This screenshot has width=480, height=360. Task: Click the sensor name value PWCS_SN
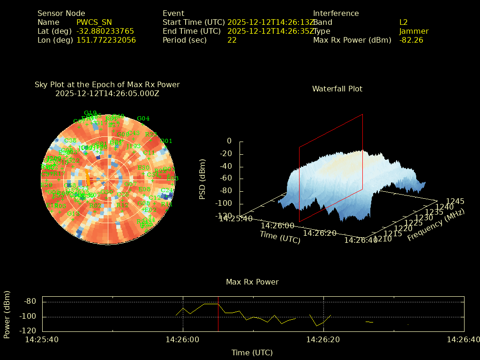pyautogui.click(x=94, y=22)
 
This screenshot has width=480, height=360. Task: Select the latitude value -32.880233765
pyautogui.click(x=105, y=31)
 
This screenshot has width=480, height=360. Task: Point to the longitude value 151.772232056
pyautogui.click(x=106, y=40)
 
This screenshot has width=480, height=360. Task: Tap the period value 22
pyautogui.click(x=232, y=40)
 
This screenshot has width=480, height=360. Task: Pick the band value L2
pyautogui.click(x=403, y=22)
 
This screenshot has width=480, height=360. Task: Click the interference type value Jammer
pyautogui.click(x=413, y=31)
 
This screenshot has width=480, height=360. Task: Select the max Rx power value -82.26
pyautogui.click(x=411, y=40)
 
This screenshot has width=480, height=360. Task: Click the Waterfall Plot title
pyautogui.click(x=337, y=89)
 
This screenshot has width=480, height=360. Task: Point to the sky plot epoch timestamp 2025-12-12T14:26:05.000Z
pyautogui.click(x=107, y=94)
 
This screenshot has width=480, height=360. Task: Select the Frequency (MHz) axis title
pyautogui.click(x=435, y=225)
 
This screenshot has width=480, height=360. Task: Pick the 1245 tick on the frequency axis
pyautogui.click(x=455, y=202)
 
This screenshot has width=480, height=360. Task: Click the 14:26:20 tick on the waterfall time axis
pyautogui.click(x=319, y=233)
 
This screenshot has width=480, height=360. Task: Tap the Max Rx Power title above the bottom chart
pyautogui.click(x=252, y=282)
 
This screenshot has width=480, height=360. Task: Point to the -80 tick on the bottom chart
pyautogui.click(x=30, y=301)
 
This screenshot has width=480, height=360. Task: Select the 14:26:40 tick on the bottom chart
pyautogui.click(x=463, y=340)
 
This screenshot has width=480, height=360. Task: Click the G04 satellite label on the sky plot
pyautogui.click(x=143, y=119)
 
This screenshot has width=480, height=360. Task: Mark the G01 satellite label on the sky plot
pyautogui.click(x=166, y=141)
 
